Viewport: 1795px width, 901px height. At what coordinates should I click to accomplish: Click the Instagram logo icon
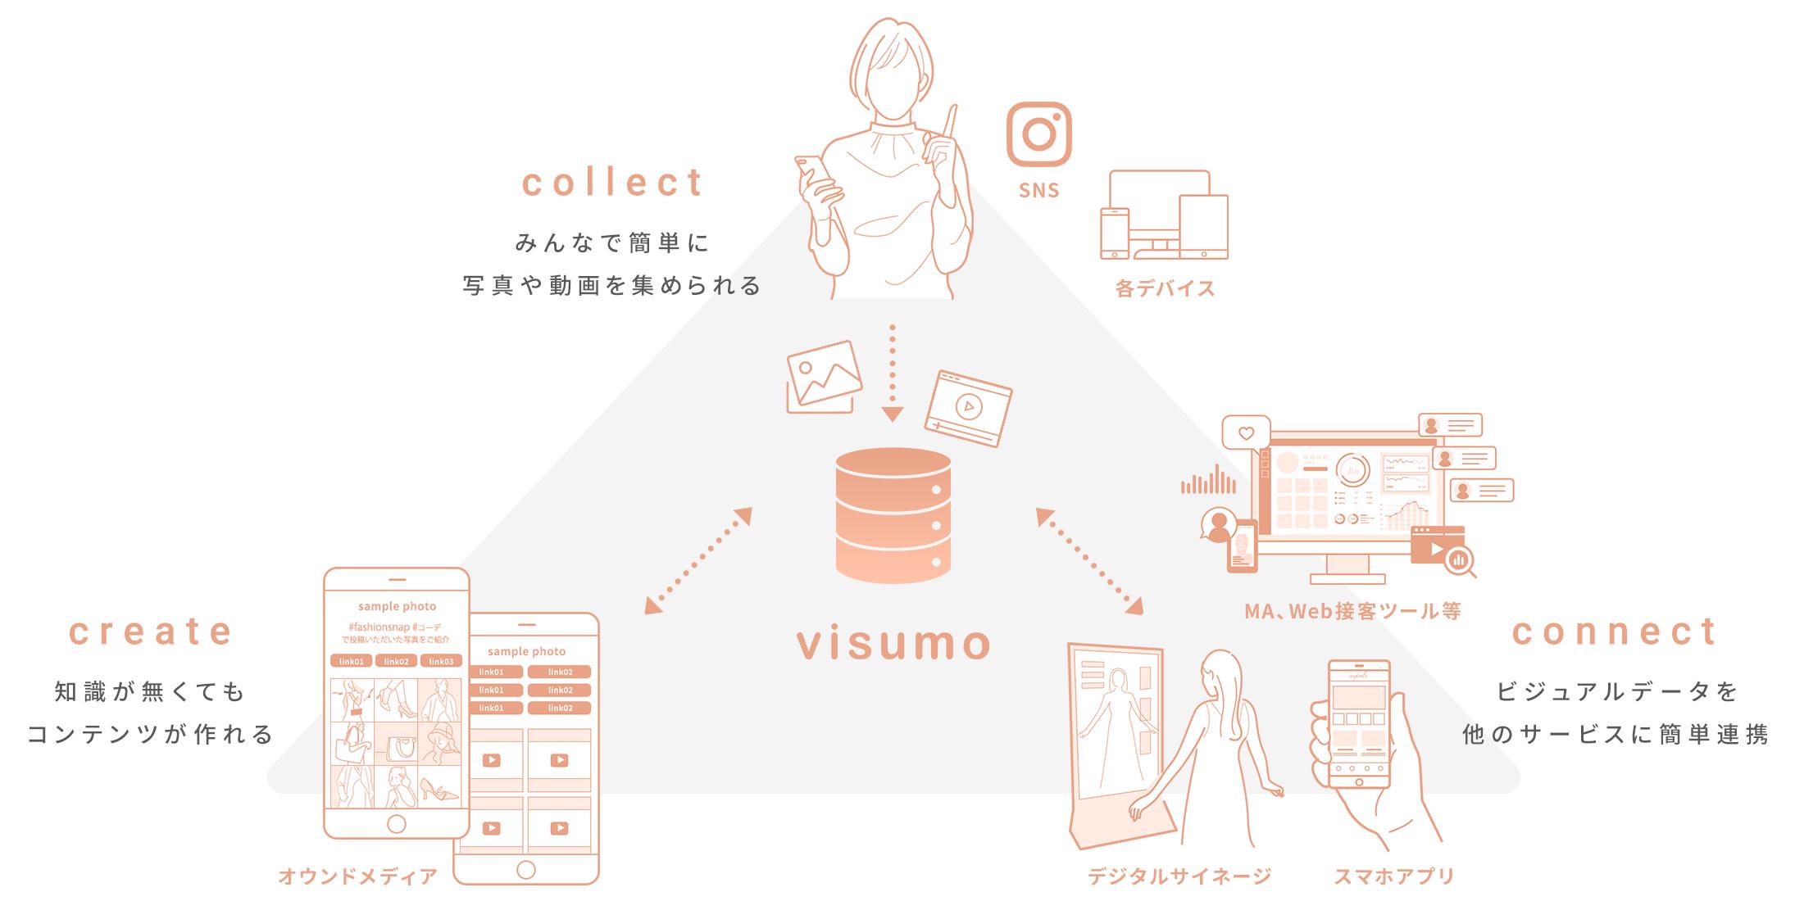pos(1038,134)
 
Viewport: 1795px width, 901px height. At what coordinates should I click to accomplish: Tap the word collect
pos(613,183)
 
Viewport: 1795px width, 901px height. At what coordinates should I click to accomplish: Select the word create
pos(151,632)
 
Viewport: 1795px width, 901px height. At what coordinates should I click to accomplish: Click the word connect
pos(1615,632)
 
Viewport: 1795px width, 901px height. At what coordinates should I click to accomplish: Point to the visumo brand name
pos(894,643)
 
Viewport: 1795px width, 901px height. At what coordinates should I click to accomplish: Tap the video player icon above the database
pos(968,407)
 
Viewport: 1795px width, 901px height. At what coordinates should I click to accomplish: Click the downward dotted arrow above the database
pos(893,373)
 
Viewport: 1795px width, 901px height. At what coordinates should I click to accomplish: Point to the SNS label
pos(1039,191)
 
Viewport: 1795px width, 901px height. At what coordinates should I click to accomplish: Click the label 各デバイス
pos(1165,288)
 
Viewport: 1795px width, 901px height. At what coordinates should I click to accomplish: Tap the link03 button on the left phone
pos(441,661)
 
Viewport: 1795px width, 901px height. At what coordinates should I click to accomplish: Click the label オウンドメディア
pos(358,876)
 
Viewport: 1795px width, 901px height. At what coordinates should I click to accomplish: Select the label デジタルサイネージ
pos(1179,876)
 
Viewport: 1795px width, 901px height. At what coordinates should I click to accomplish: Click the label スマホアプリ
pos(1393,876)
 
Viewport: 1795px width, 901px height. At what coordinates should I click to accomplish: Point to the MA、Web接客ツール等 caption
pos(1352,611)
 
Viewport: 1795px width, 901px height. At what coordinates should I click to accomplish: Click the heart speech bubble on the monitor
pos(1246,433)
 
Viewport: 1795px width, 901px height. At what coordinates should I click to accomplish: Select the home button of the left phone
pos(397,822)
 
